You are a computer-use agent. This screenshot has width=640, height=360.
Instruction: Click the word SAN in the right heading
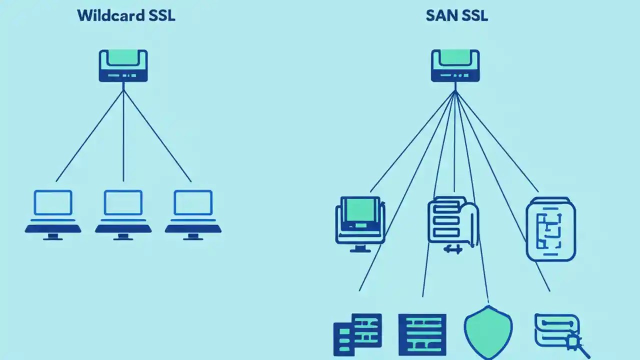click(438, 15)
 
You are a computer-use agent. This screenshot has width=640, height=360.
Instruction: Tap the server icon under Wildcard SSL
click(123, 65)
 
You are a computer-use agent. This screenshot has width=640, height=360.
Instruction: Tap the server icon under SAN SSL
click(455, 65)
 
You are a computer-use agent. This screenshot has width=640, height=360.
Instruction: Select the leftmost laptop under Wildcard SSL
click(53, 214)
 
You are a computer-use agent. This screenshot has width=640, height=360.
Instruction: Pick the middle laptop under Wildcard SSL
click(123, 214)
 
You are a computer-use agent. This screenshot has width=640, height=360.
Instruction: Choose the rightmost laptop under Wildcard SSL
click(193, 214)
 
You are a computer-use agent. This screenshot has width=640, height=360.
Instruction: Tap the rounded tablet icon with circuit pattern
click(551, 229)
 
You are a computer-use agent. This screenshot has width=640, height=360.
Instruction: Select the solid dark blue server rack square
click(422, 334)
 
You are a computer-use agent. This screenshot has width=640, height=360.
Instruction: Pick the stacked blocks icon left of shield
click(357, 334)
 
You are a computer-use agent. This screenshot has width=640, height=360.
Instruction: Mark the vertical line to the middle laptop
click(123, 135)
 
